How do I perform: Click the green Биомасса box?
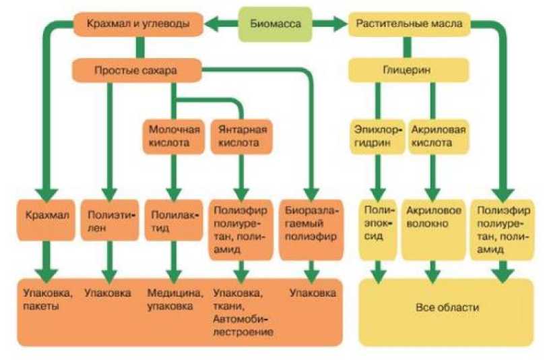click(x=276, y=25)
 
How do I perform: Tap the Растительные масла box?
click(x=408, y=24)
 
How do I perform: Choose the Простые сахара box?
click(x=137, y=69)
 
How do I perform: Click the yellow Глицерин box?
click(x=408, y=69)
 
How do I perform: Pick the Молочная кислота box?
click(x=173, y=136)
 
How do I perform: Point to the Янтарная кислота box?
click(x=239, y=136)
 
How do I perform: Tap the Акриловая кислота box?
click(x=439, y=136)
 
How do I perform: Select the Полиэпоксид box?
click(x=378, y=229)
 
